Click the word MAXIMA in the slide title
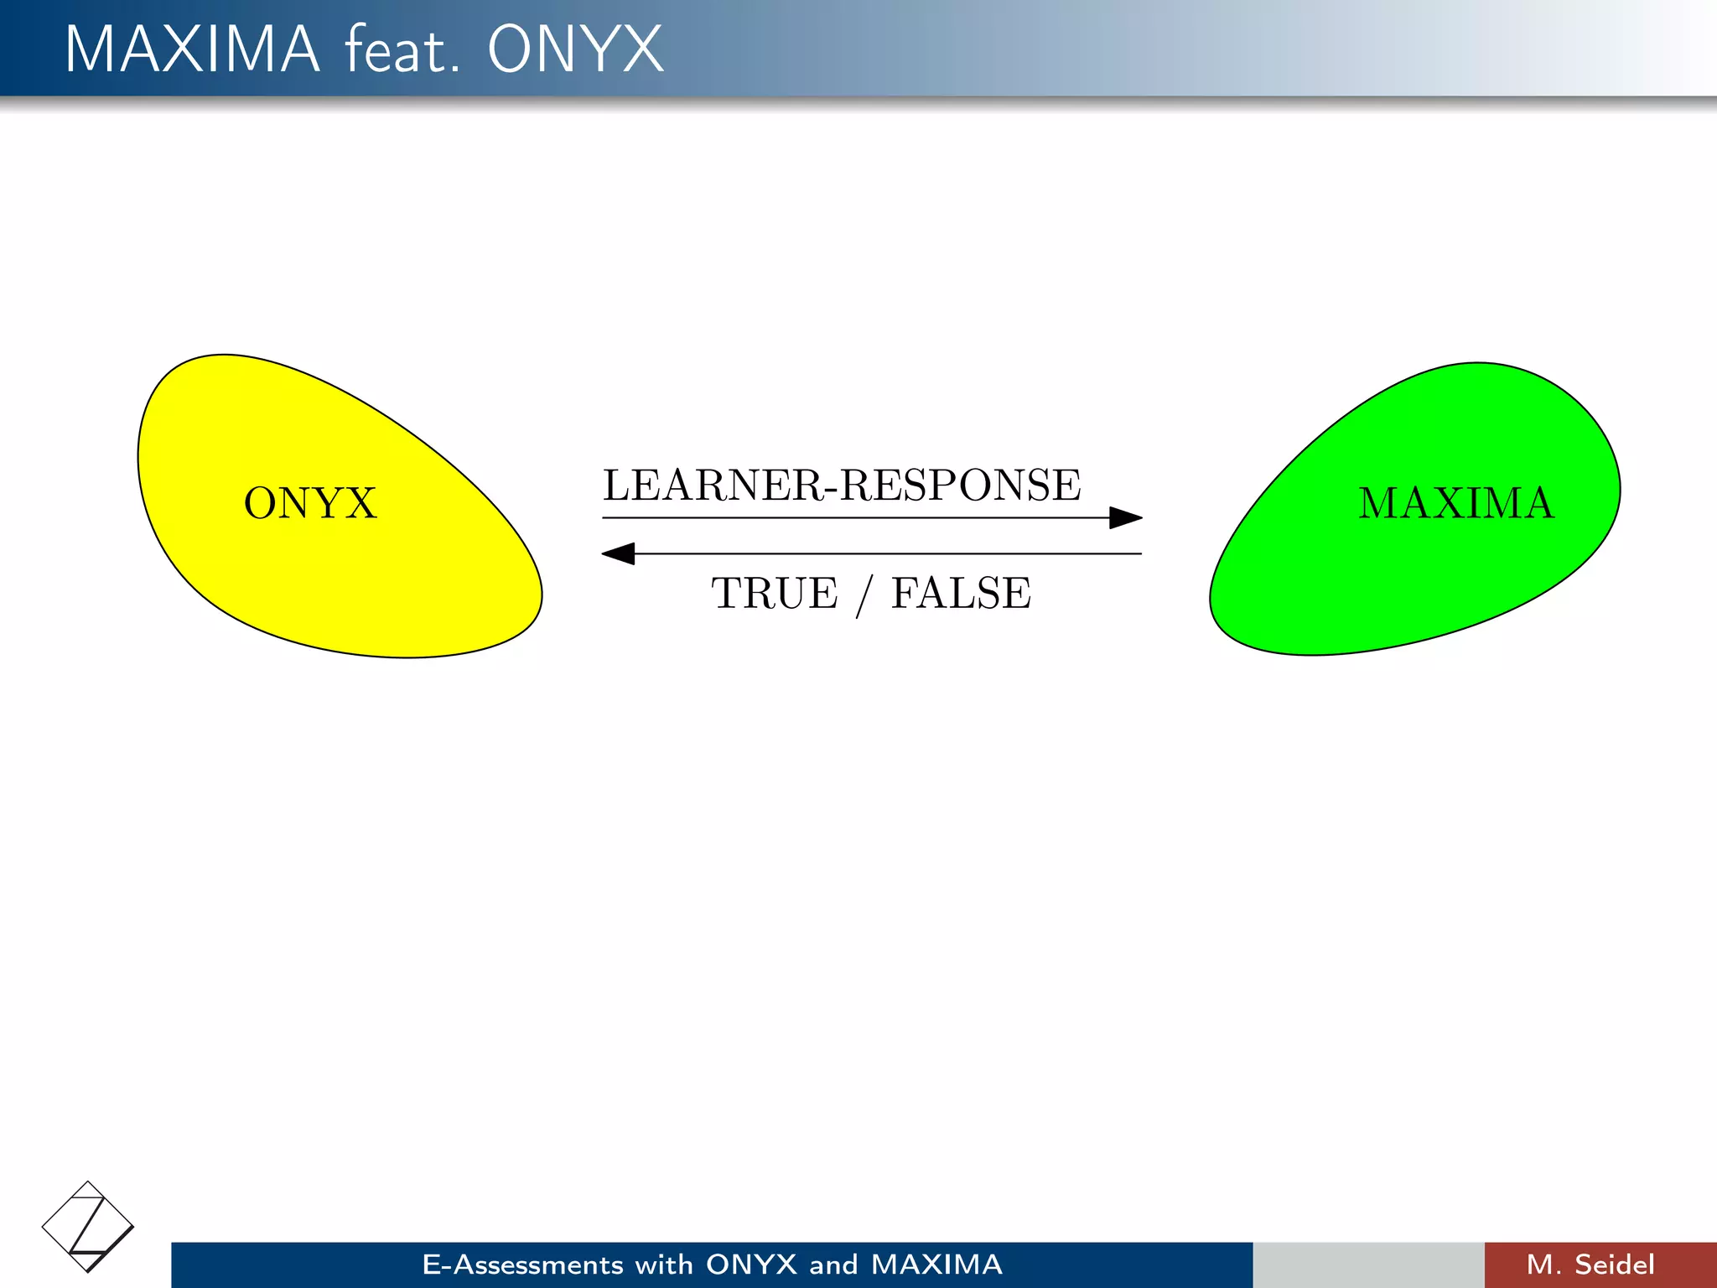(x=192, y=49)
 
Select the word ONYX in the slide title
(x=575, y=49)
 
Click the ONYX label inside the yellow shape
(x=310, y=503)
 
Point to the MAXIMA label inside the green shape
(x=1456, y=503)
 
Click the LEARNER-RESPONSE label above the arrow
(x=842, y=485)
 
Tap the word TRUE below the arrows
(x=774, y=594)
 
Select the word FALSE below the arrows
(x=961, y=594)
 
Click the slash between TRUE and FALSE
(x=864, y=595)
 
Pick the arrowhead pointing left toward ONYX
(x=619, y=553)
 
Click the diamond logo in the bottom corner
(x=87, y=1227)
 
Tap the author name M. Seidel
(x=1590, y=1265)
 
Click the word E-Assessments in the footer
(x=522, y=1265)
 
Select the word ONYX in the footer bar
(x=751, y=1265)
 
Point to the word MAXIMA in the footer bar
(x=936, y=1265)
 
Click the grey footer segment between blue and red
(x=1368, y=1265)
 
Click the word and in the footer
(x=833, y=1265)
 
